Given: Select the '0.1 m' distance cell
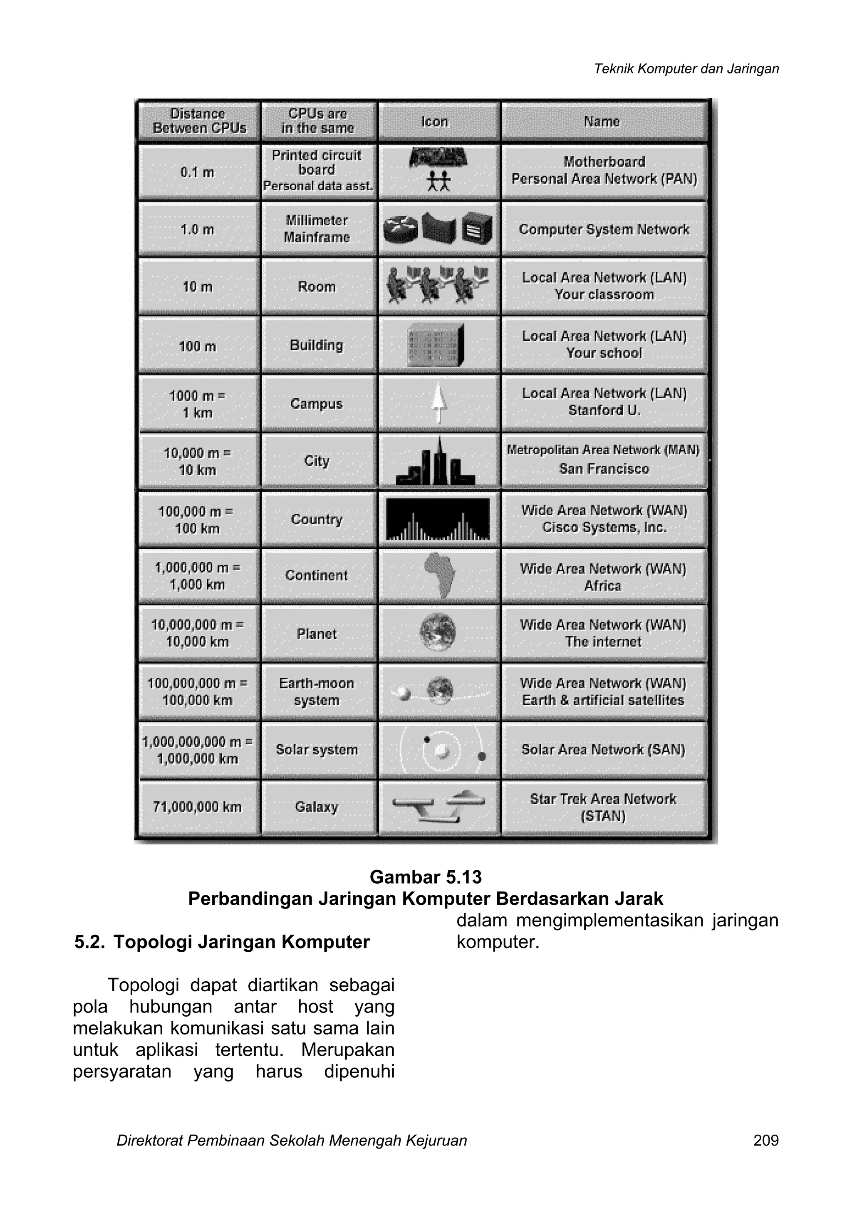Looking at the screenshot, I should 198,172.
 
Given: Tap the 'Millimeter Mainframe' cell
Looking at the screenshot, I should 317,229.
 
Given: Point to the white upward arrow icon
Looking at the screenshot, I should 438,403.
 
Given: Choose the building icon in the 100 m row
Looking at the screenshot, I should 436,345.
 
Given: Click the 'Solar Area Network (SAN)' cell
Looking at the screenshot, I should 603,749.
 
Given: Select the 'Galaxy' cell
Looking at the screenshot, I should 317,807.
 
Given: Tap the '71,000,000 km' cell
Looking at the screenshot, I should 198,807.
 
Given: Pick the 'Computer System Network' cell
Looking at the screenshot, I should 604,229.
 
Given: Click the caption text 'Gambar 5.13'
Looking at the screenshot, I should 426,877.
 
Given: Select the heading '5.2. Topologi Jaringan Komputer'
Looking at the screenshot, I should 222,942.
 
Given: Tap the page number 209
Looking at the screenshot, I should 765,1155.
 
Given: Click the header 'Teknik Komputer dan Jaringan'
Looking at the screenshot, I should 686,69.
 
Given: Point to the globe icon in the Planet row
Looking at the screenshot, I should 437,632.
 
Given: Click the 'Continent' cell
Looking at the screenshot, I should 317,575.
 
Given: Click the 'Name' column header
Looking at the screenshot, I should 602,121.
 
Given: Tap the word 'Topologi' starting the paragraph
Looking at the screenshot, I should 143,985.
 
